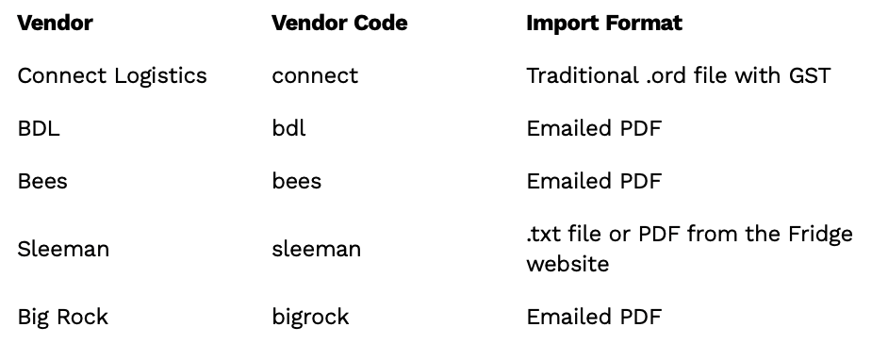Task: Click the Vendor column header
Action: click(55, 24)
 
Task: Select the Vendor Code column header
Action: click(339, 24)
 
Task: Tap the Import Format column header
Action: click(604, 24)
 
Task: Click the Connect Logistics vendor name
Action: click(112, 75)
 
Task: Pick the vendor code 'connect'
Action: click(315, 76)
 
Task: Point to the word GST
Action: click(810, 75)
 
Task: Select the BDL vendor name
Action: click(39, 128)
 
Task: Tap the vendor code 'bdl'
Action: click(288, 128)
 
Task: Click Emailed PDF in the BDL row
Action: click(594, 128)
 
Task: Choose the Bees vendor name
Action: click(42, 181)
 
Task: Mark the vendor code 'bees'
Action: click(297, 181)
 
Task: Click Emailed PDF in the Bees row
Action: click(594, 181)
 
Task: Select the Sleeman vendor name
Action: click(63, 249)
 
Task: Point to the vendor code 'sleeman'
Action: click(317, 249)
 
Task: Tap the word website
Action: click(568, 264)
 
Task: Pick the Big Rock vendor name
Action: click(63, 317)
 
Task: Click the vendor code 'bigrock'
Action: click(310, 317)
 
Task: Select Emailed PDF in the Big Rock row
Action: click(594, 317)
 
